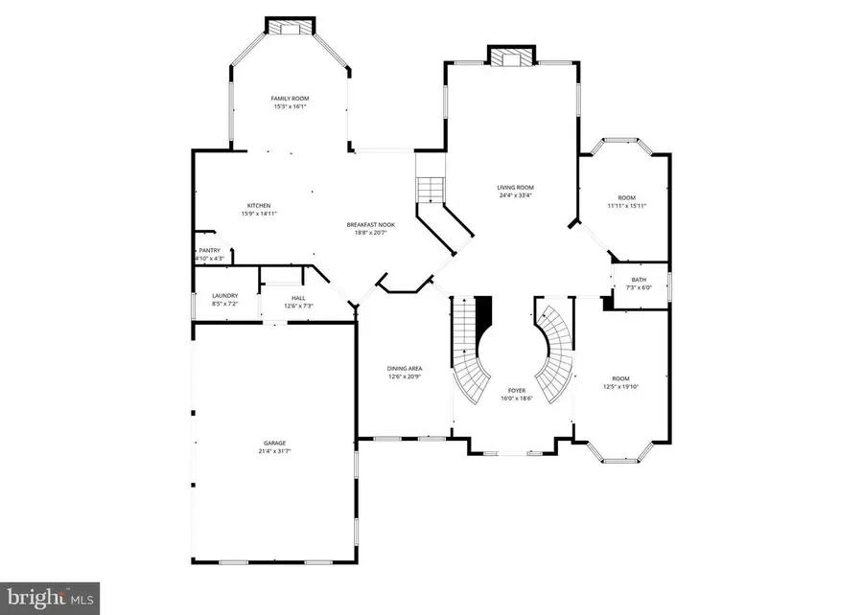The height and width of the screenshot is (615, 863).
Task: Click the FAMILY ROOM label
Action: [x=289, y=98]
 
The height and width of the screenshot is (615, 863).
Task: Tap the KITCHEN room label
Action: [x=259, y=205]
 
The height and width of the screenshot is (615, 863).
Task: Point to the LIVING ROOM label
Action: [x=515, y=187]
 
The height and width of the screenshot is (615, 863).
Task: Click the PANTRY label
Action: [x=209, y=250]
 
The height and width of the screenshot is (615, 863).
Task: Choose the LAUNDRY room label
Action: [x=224, y=296]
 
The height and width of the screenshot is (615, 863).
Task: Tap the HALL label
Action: [x=298, y=297]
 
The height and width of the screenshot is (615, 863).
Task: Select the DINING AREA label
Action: [x=404, y=368]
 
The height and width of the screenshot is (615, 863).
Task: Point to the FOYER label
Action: [x=517, y=390]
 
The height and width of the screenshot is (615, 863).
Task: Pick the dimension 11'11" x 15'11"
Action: [x=626, y=206]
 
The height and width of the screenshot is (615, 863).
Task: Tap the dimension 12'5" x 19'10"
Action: [x=621, y=387]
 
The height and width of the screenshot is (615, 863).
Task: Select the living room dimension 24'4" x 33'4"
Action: [x=515, y=195]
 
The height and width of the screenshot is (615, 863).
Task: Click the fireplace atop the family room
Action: [x=289, y=28]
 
